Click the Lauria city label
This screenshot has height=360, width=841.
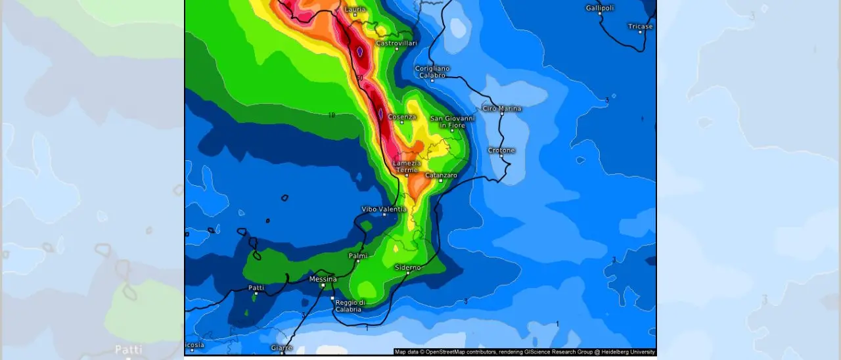pos(355,9)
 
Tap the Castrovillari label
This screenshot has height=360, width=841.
pos(396,43)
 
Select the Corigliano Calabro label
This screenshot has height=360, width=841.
pos(432,72)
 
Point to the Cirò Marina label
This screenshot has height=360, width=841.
pos(502,108)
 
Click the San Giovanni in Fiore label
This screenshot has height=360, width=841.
pos(452,122)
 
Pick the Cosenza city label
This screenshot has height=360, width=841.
pos(401,117)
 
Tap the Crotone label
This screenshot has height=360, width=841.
pos(501,150)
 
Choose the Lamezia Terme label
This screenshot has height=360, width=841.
pos(406,166)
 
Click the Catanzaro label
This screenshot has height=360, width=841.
pos(441,175)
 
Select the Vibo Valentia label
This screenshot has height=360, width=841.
pos(384,210)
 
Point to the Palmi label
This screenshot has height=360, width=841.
pos(358,255)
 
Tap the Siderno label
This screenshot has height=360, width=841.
pos(407,267)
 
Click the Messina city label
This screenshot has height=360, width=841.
pos(323,279)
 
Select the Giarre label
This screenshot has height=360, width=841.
pos(282,348)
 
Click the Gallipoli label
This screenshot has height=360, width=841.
pos(600,8)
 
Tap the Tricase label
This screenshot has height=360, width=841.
pos(640,26)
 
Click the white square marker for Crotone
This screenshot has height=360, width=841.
pos(502,158)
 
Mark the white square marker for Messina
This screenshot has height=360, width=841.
pos(323,286)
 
